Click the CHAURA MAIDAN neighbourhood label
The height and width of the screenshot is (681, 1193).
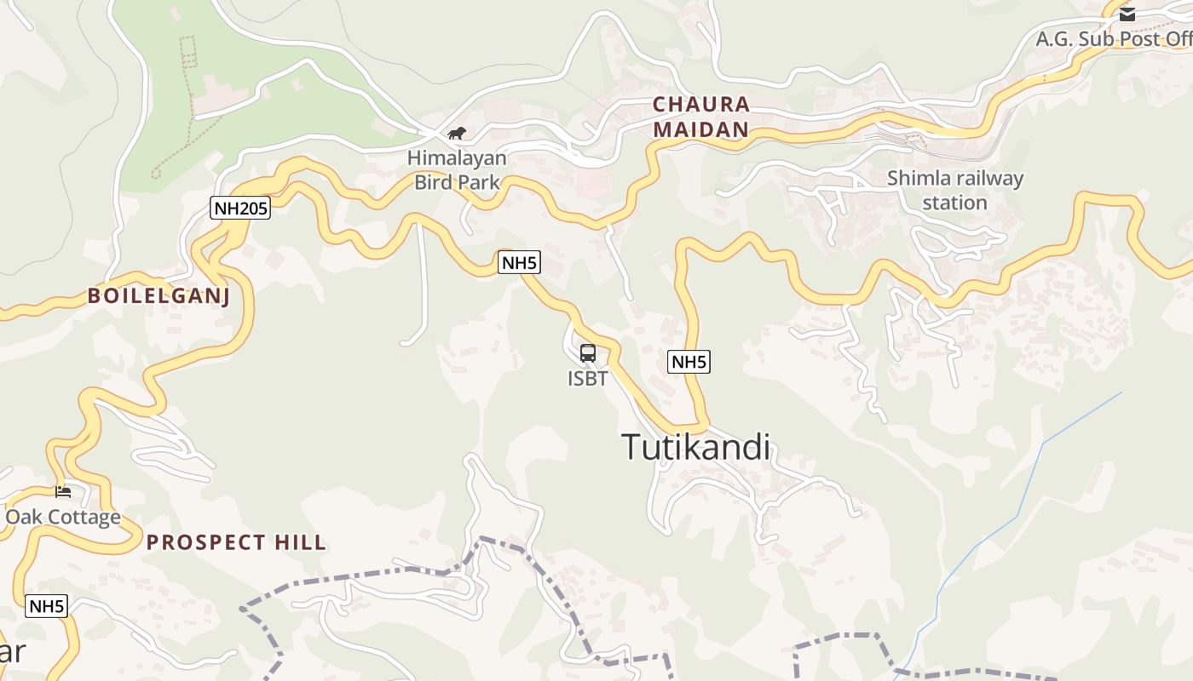pos(701,117)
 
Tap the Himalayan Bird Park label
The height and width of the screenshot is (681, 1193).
pos(457,169)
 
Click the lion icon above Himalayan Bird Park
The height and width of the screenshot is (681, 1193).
pos(457,133)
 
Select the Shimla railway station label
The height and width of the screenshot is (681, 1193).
pos(954,190)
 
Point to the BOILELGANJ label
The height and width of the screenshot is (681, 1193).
pos(158,295)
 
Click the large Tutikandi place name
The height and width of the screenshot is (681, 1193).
pos(695,447)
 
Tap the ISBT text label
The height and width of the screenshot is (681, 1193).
pos(588,378)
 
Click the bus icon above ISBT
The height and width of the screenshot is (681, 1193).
pos(588,352)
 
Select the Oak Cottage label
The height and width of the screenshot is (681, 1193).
pos(63,517)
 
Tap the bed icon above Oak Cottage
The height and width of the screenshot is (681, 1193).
pos(62,491)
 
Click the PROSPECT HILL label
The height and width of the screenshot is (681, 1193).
pos(236,542)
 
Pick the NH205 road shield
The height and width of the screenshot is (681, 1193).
pos(240,208)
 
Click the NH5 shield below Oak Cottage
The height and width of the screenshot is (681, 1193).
pos(46,606)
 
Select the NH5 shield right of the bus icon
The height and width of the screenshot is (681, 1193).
pos(689,362)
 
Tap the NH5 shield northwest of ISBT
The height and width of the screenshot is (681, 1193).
pos(519,262)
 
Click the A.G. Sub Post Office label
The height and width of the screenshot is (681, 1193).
pos(1113,39)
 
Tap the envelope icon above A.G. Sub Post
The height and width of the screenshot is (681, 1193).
pos(1127,14)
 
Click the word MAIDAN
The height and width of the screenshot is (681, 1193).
pos(701,130)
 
